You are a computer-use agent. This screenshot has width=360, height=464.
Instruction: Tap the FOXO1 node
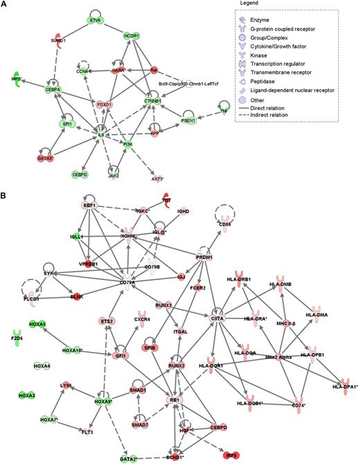105,105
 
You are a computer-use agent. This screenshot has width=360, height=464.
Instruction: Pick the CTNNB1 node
154,101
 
